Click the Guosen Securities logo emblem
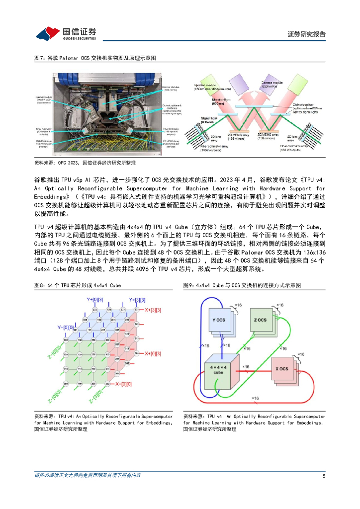pyautogui.click(x=46, y=33)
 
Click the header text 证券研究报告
pyautogui.click(x=307, y=34)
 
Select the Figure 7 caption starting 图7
pyautogui.click(x=95, y=58)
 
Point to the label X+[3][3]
pyautogui.click(x=155, y=309)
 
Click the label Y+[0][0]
pyautogui.click(x=67, y=327)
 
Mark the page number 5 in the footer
pyautogui.click(x=324, y=476)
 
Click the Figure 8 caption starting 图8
pyautogui.click(x=77, y=285)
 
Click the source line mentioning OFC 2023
pyautogui.click(x=85, y=163)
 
